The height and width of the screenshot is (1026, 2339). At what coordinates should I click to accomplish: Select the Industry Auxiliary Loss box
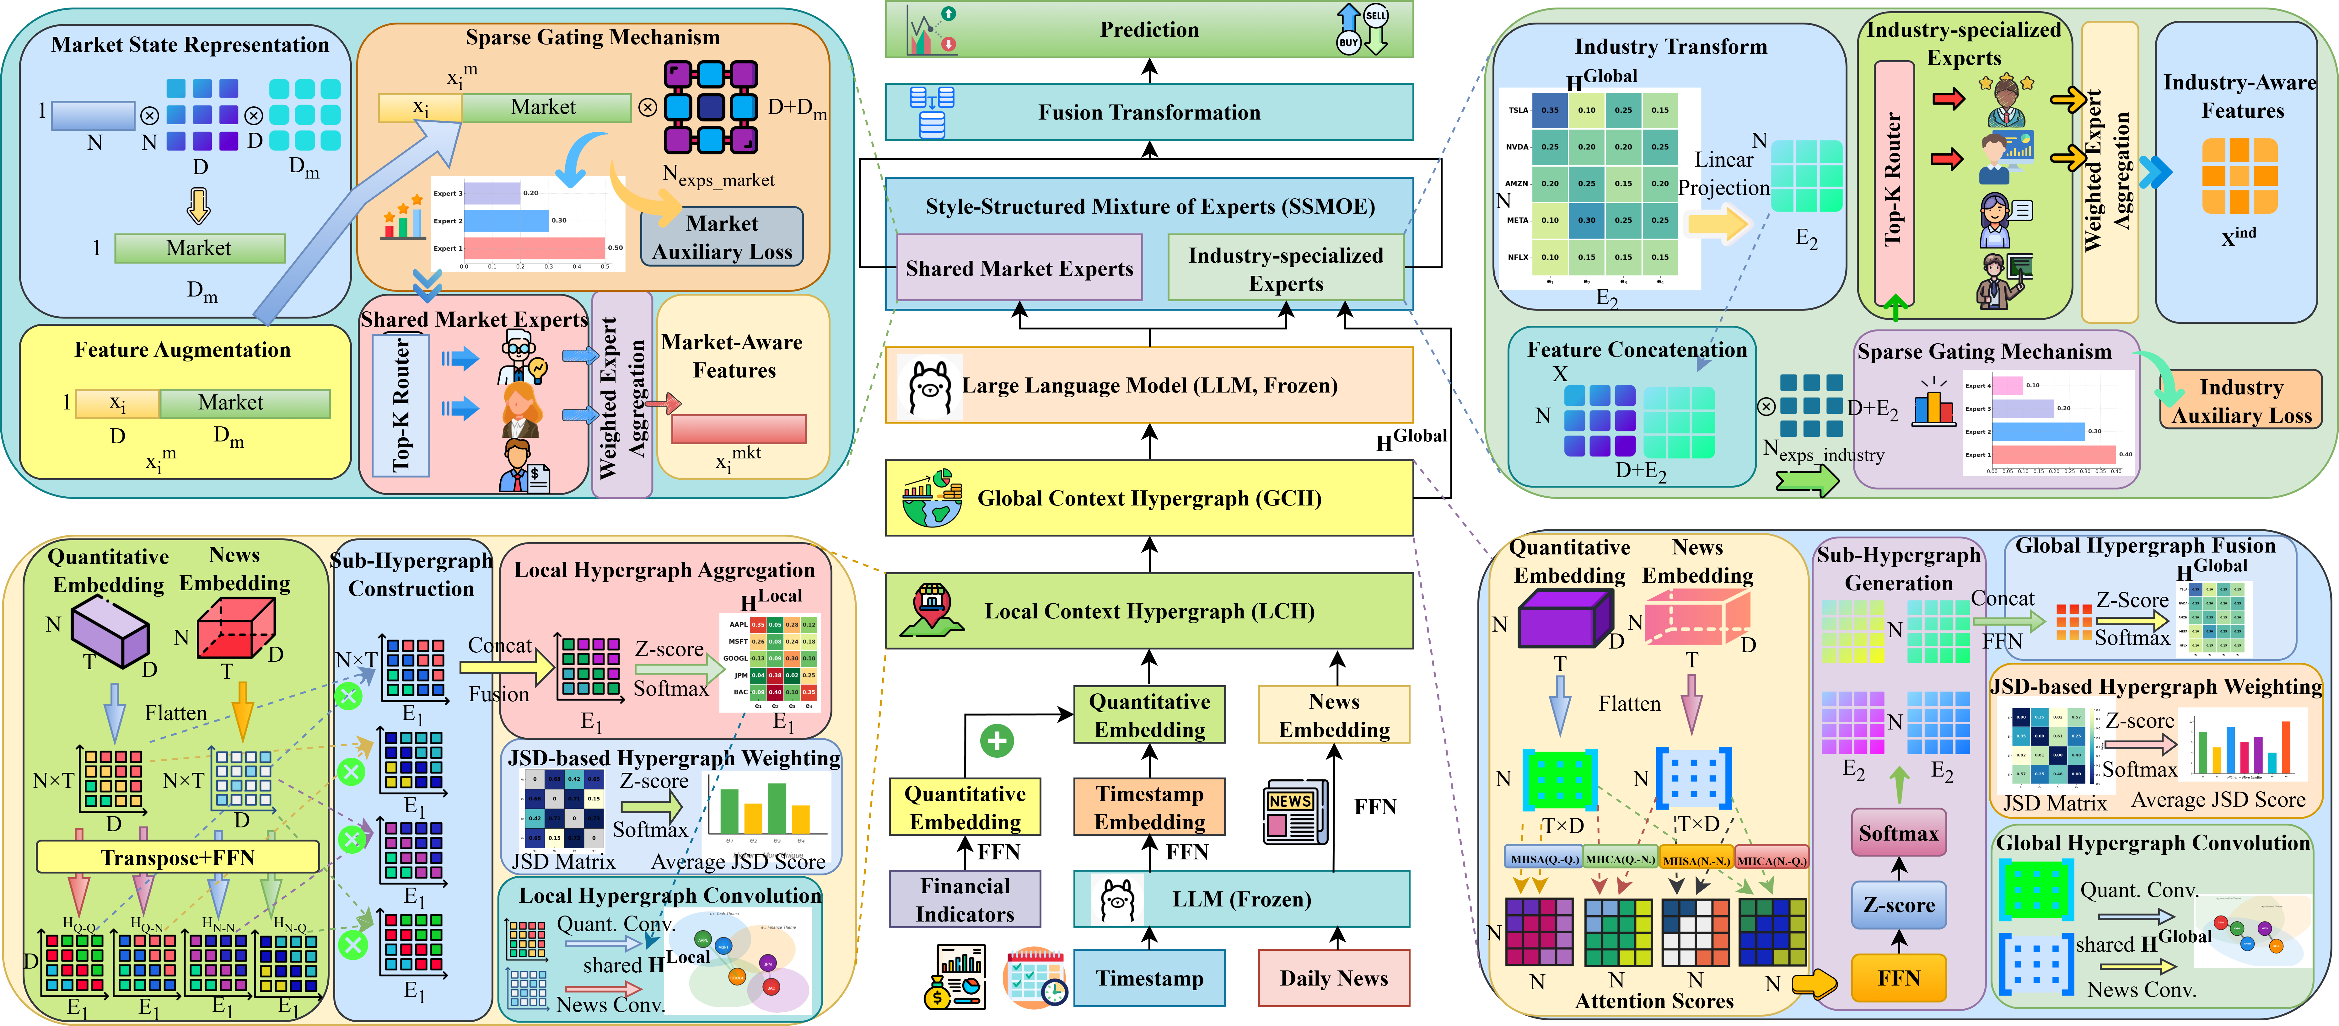coord(2240,400)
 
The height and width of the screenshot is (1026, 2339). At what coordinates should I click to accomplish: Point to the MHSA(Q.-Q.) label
coord(1544,859)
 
